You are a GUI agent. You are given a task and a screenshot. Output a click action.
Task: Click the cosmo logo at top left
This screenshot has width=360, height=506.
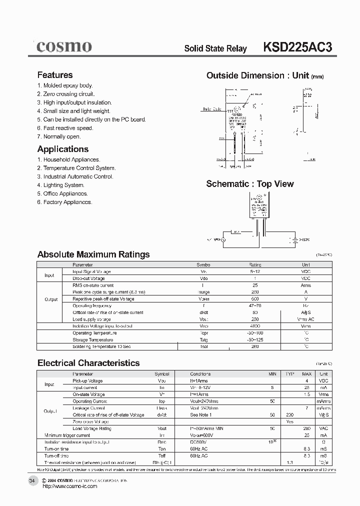point(63,47)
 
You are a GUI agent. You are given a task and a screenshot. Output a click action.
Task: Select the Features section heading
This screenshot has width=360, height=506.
point(55,75)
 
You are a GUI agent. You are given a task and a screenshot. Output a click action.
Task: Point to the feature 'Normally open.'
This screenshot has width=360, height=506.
point(59,136)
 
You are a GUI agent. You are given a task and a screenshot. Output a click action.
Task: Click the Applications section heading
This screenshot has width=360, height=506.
point(63,149)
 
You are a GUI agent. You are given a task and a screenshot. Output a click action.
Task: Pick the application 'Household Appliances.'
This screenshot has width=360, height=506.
point(68,159)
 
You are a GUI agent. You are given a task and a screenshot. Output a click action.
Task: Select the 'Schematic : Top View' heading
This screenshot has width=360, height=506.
point(250,184)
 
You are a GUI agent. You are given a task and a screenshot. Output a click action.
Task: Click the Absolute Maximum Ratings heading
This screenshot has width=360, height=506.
point(93,254)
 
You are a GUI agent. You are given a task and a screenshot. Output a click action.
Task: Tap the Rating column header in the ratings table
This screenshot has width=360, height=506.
point(255,265)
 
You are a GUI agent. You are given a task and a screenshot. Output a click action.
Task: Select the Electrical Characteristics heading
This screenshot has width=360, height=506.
point(88,363)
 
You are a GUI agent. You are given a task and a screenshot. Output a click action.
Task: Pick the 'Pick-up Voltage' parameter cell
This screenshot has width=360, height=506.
point(87,381)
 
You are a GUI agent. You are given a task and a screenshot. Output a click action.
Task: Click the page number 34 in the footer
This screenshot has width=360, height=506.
point(32,480)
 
